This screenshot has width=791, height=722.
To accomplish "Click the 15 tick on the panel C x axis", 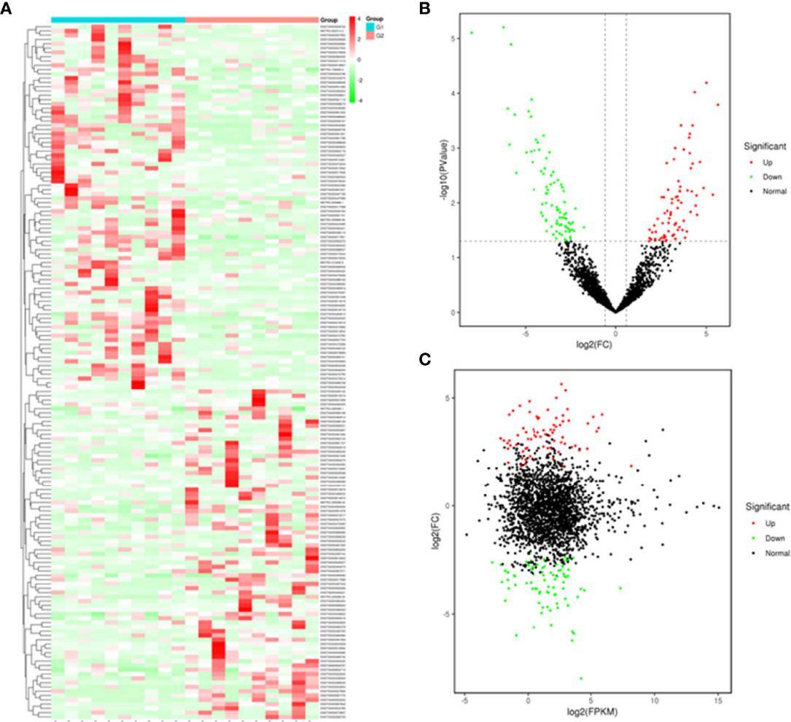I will pos(718,702).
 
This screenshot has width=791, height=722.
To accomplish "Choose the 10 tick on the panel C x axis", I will pos(655,702).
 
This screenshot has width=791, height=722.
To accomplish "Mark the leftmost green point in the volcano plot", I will pos(472,33).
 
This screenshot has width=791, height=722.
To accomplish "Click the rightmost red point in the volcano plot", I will pos(718,105).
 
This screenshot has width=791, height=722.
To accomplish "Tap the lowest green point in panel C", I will pos(581,678).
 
